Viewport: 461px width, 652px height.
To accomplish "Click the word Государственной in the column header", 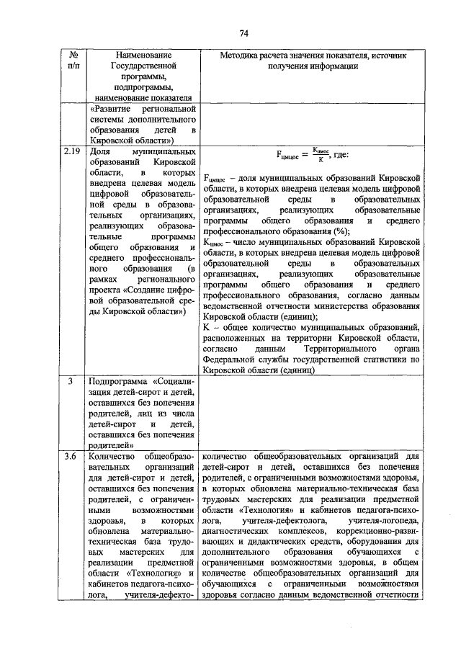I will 141,66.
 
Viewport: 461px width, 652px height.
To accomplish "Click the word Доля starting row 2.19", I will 99,153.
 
